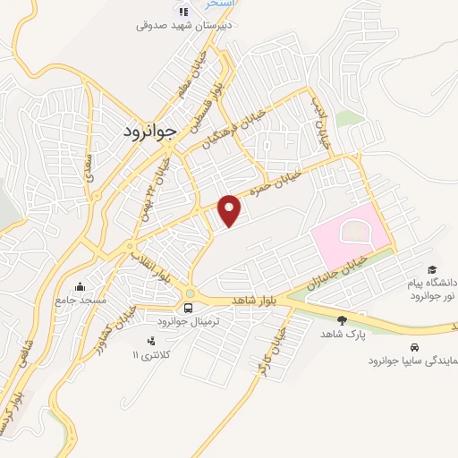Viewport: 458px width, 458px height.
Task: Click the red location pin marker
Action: pyautogui.click(x=230, y=210)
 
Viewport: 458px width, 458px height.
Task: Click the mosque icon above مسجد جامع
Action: pyautogui.click(x=81, y=287)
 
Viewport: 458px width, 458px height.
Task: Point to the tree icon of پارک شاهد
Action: pyautogui.click(x=342, y=319)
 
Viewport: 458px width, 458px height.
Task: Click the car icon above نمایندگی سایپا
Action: pyautogui.click(x=413, y=347)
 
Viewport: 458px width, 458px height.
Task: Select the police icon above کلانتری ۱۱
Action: pyautogui.click(x=150, y=341)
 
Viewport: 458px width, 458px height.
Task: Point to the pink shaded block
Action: pyautogui.click(x=351, y=236)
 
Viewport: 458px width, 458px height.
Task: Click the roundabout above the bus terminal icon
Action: pyautogui.click(x=190, y=293)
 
